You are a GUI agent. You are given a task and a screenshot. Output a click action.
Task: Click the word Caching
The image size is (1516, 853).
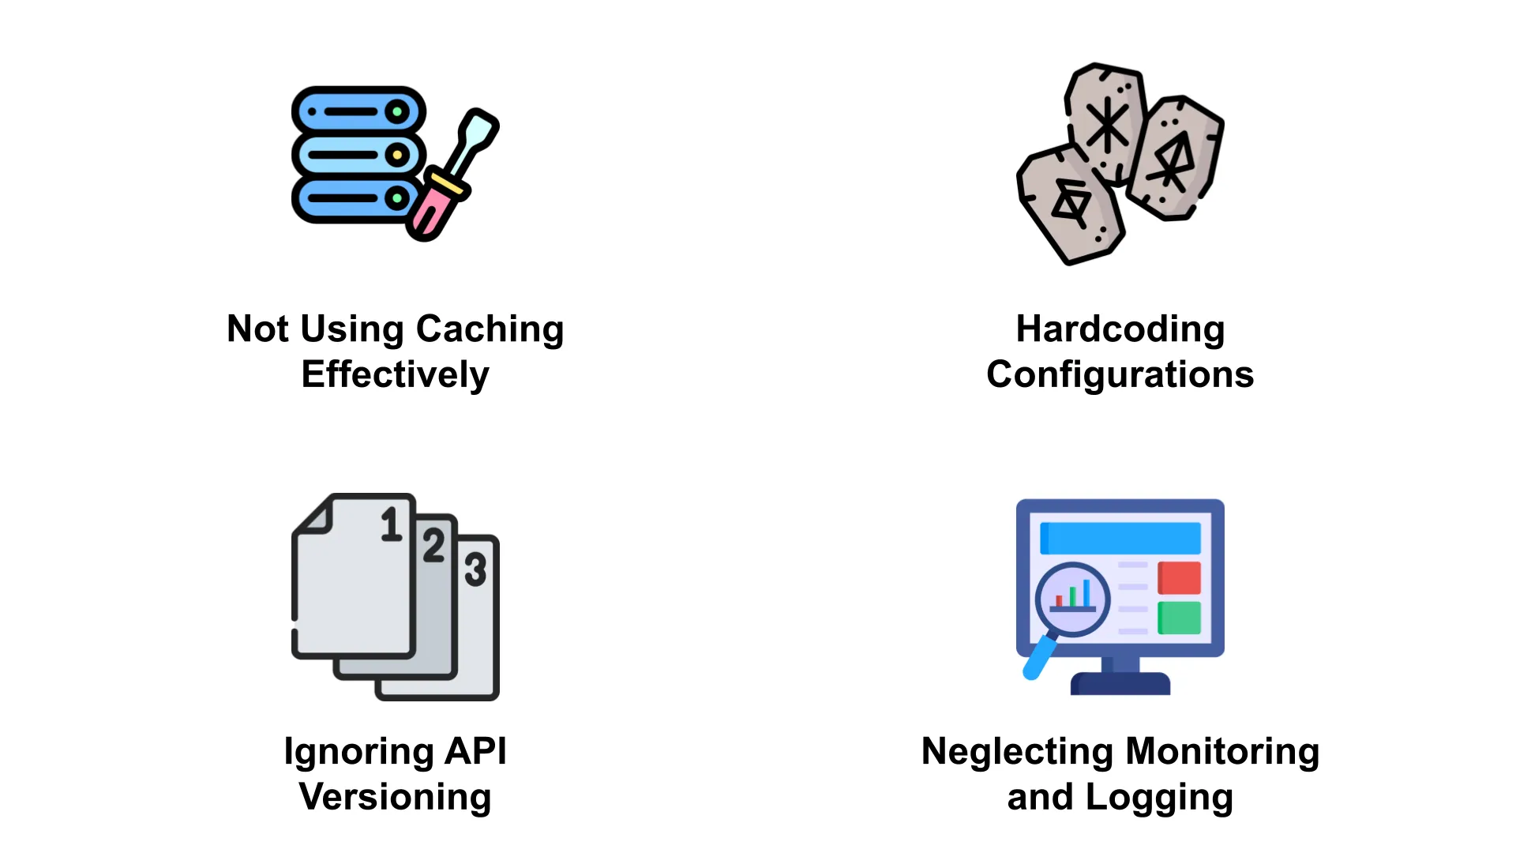point(490,329)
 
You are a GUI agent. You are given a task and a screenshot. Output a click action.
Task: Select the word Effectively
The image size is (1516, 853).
point(395,374)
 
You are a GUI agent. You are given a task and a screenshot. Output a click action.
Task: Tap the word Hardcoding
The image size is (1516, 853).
point(1120,329)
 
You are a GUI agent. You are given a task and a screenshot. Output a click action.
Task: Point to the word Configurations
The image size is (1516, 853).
point(1120,374)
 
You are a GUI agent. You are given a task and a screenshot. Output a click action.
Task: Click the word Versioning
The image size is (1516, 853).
point(395,797)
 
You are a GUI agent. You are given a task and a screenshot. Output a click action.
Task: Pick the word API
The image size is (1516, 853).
point(475,751)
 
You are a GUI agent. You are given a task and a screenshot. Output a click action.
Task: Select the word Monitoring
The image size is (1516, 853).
point(1222,751)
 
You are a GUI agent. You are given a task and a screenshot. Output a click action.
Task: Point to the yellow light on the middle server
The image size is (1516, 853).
point(398,155)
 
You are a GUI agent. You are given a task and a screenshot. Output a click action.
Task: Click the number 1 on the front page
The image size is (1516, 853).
point(391,524)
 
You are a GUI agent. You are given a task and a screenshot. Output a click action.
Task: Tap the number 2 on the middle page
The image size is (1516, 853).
point(433,546)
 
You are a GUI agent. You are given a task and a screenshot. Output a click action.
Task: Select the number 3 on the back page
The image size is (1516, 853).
point(475,569)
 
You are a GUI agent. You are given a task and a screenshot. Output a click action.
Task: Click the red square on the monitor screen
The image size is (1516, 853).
point(1179,578)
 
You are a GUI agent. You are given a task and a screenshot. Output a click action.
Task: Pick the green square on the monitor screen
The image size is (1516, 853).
point(1179,618)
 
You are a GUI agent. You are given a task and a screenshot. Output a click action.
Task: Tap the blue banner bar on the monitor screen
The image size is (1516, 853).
point(1120,539)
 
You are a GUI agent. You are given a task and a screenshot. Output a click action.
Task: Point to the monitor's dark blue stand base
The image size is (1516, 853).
point(1120,684)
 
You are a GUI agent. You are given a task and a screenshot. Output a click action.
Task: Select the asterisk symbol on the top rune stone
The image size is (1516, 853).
point(1107,125)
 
